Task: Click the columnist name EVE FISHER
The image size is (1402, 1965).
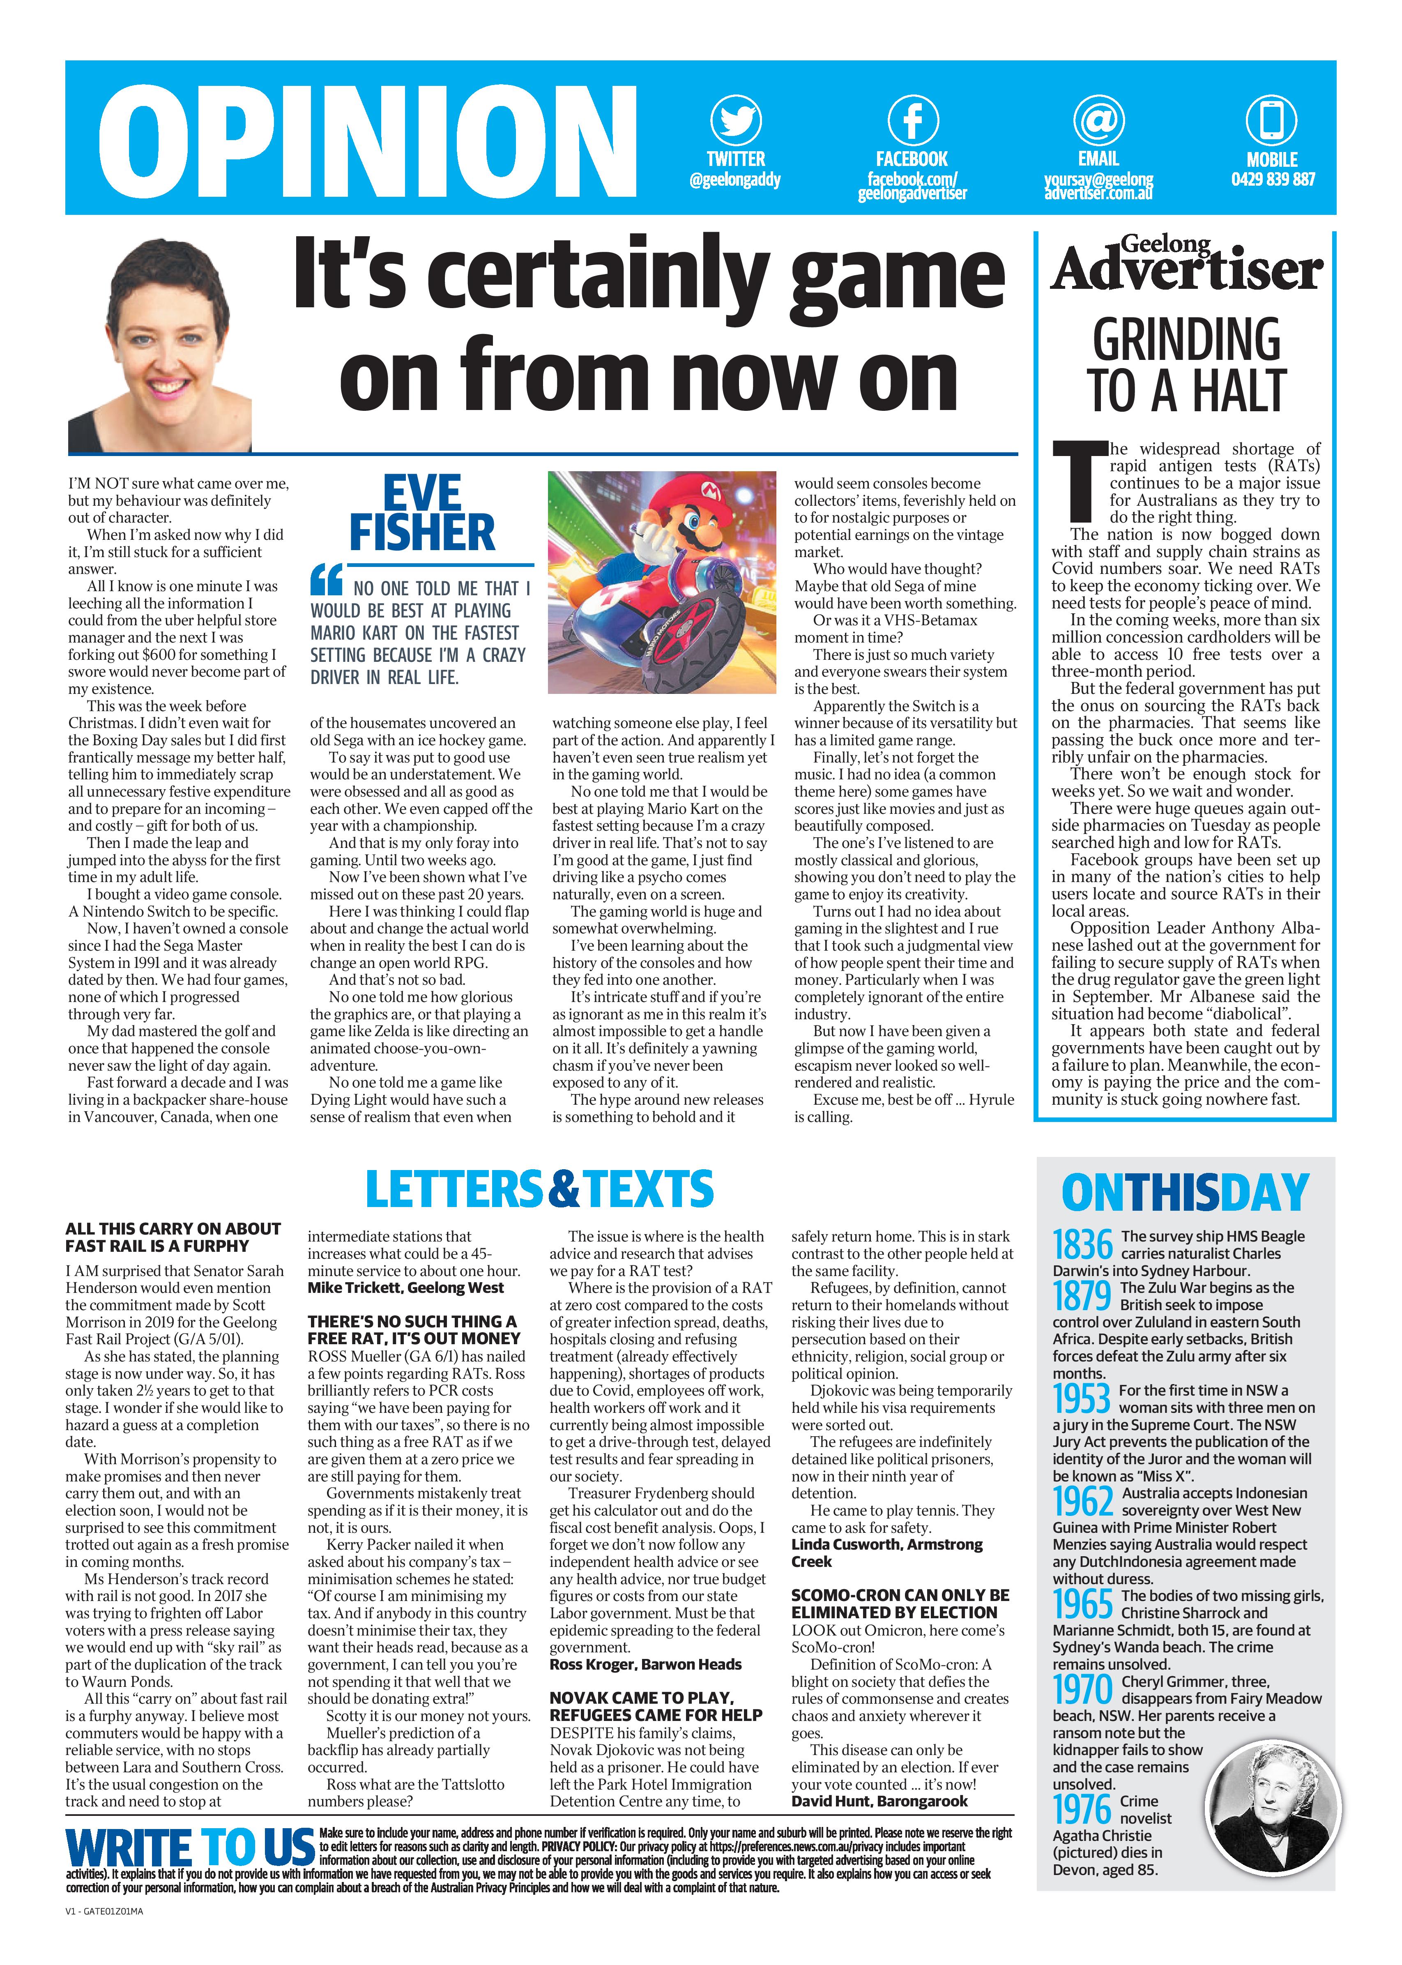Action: pyautogui.click(x=422, y=514)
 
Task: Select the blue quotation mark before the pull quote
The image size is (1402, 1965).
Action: pyautogui.click(x=327, y=579)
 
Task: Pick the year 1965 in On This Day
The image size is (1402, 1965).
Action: pyautogui.click(x=1082, y=1604)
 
